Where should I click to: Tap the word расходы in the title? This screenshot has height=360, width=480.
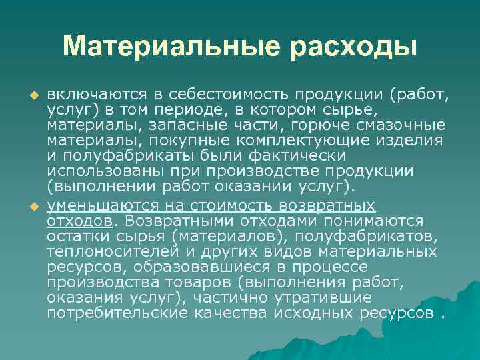click(x=353, y=47)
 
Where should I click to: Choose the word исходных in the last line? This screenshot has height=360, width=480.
click(x=314, y=313)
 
